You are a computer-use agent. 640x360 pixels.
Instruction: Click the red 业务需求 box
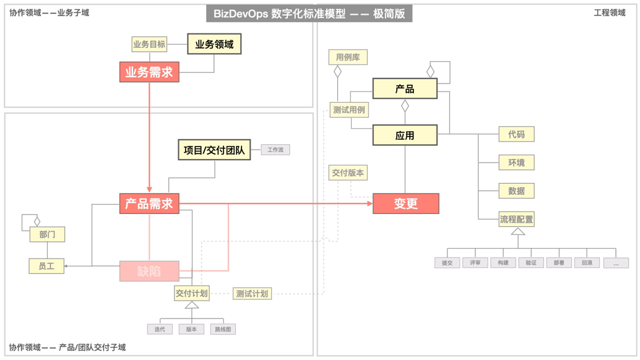[x=149, y=72]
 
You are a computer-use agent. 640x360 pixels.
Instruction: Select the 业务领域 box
[x=214, y=45]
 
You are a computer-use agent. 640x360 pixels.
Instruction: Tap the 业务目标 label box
[x=149, y=45]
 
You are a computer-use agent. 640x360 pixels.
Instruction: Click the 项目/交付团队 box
[x=214, y=150]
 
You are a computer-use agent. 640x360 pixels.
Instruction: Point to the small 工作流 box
[x=275, y=150]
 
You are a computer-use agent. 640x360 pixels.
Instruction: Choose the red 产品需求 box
[x=149, y=204]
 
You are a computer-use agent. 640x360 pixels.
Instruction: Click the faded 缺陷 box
[x=149, y=271]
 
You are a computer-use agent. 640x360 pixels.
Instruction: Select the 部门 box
[x=47, y=234]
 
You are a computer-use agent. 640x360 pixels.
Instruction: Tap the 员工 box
[x=46, y=266]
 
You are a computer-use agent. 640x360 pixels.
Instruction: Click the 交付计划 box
[x=192, y=293]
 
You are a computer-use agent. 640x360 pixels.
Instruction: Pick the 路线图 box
[x=223, y=329]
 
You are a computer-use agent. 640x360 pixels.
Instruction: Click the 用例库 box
[x=348, y=58]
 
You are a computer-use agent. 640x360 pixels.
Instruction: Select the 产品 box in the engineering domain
[x=405, y=88]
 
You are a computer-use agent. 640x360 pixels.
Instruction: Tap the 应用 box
[x=405, y=135]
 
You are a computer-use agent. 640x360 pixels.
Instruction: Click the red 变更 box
[x=405, y=204]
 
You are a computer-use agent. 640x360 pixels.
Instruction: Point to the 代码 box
[x=516, y=134]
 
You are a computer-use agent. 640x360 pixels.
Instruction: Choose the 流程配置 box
[x=516, y=219]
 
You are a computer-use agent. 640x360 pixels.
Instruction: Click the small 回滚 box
[x=587, y=263]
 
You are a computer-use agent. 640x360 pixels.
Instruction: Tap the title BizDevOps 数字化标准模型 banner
[x=309, y=14]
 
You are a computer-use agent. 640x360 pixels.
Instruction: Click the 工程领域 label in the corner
[x=610, y=12]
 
